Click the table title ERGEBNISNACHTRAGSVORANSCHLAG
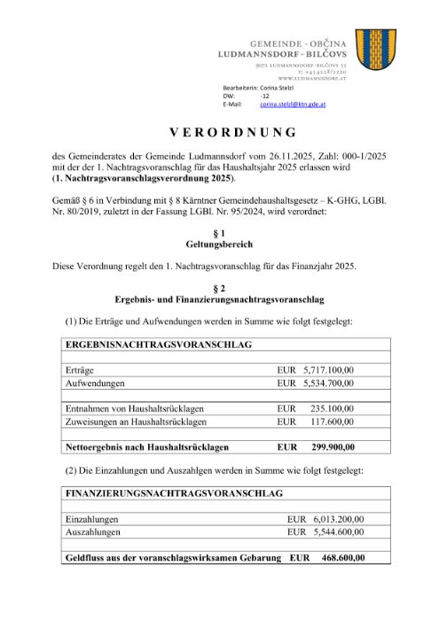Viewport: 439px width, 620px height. (x=159, y=343)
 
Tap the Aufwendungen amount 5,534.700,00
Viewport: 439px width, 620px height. (x=328, y=383)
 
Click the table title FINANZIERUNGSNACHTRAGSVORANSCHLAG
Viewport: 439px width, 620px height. (x=174, y=492)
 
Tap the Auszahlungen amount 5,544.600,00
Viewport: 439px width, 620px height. (x=338, y=532)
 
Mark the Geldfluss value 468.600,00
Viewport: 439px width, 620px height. (x=341, y=558)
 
